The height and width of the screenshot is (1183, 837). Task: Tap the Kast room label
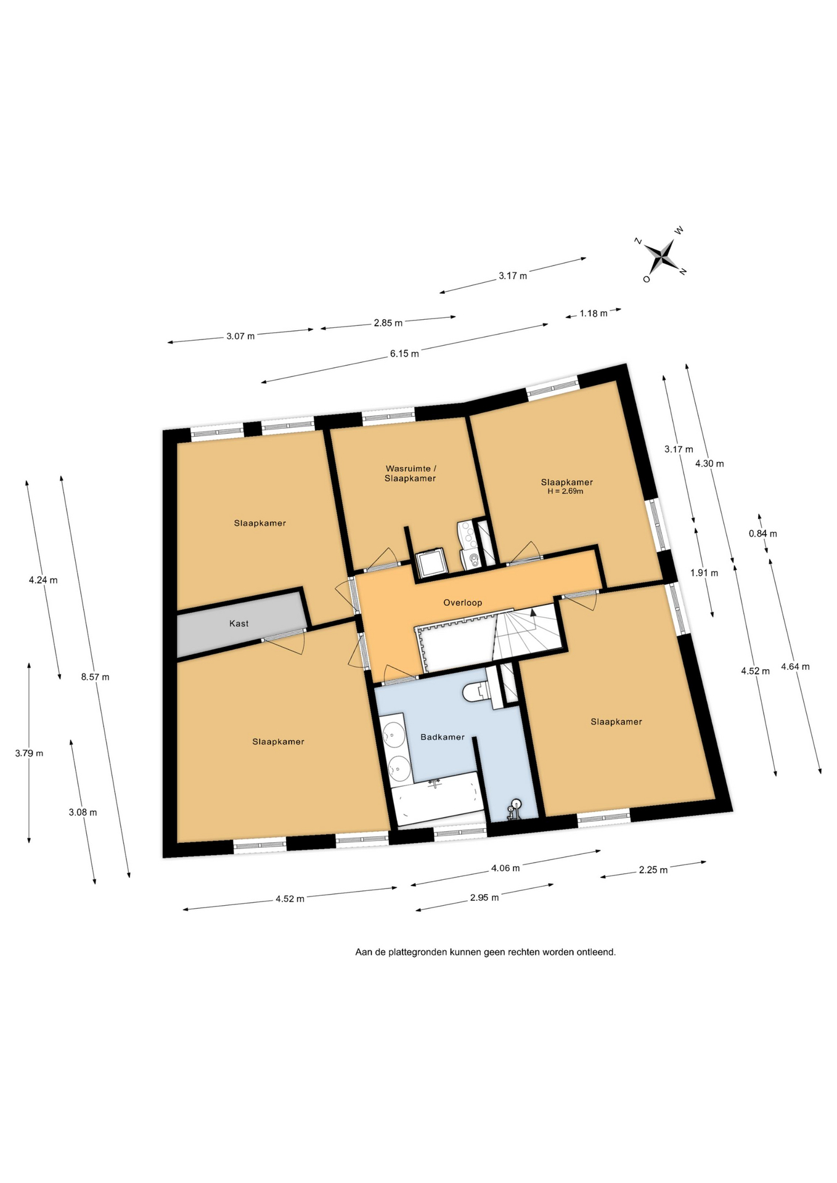(239, 624)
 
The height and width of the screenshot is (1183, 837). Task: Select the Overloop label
(463, 603)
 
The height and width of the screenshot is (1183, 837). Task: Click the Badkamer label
(443, 737)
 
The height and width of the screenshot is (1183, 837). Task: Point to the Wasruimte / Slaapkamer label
(410, 473)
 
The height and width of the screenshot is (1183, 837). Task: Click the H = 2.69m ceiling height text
(565, 492)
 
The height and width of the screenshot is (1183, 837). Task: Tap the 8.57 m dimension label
(96, 677)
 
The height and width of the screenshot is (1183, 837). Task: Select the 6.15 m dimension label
(404, 354)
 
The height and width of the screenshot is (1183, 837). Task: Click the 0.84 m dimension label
(763, 534)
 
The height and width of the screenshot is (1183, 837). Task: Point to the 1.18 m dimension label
(594, 313)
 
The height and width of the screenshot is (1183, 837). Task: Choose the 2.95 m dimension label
(484, 897)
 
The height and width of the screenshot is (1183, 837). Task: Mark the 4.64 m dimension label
(795, 667)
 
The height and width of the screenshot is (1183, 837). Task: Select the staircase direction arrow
(533, 612)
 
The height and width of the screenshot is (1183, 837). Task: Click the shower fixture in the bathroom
(514, 809)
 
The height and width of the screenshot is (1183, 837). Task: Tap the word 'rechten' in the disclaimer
(522, 952)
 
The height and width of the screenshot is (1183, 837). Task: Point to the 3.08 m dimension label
(83, 812)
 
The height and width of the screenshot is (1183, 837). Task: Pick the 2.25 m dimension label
(653, 870)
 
